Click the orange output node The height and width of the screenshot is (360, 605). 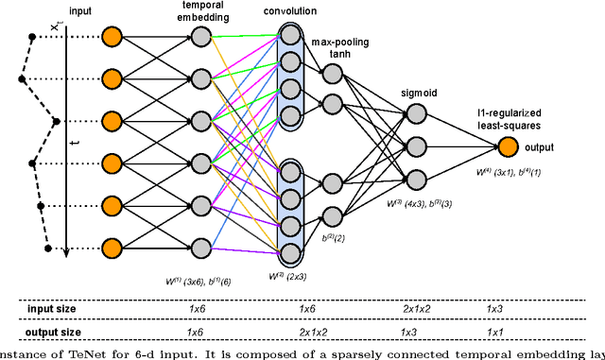pyautogui.click(x=509, y=146)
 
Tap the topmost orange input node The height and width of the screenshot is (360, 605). pyautogui.click(x=112, y=37)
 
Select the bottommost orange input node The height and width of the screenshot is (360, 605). pyautogui.click(x=112, y=249)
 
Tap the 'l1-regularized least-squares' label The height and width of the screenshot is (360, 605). pyautogui.click(x=516, y=116)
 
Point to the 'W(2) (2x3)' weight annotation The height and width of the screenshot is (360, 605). pyautogui.click(x=292, y=276)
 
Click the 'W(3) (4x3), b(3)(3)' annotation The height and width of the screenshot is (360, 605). pyautogui.click(x=415, y=201)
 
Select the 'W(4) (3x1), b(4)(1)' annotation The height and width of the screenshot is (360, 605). pyautogui.click(x=509, y=172)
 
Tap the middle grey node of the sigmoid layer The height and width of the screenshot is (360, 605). pyautogui.click(x=415, y=146)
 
